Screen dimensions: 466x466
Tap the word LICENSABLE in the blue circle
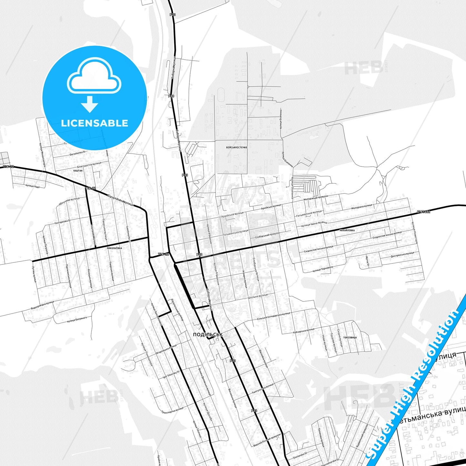94,123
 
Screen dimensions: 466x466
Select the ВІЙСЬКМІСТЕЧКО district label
236,147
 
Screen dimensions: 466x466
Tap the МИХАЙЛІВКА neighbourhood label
347,231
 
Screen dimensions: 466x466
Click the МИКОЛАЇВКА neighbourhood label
114,249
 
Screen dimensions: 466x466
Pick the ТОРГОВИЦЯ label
350,338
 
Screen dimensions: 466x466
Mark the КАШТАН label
78,170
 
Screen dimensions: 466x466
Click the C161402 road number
423,212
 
